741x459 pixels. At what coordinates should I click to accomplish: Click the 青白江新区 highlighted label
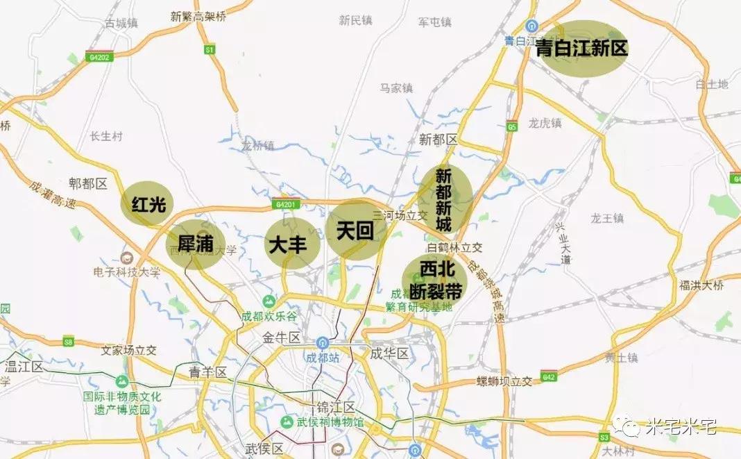point(582,48)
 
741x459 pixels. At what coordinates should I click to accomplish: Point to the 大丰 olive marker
point(291,245)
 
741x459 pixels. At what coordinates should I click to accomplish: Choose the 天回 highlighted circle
point(355,231)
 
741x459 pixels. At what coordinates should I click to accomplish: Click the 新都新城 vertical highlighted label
point(444,199)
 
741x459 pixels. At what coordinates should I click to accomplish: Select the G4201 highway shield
point(285,204)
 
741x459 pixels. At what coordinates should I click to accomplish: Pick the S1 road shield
point(209,50)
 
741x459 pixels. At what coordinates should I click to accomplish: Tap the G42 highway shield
point(549,376)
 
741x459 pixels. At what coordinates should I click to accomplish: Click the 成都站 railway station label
point(323,359)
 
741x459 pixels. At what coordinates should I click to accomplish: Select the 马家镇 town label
point(396,88)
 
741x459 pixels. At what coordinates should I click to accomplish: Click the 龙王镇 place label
point(607,218)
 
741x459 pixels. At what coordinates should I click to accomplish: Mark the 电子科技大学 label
point(130,272)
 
